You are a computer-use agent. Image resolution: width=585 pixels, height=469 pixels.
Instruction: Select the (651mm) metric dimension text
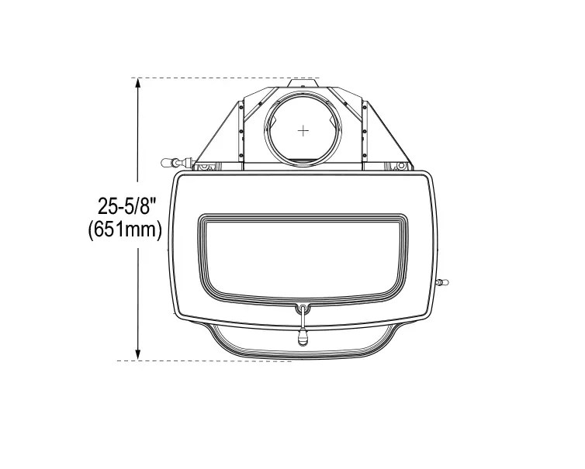[125, 229]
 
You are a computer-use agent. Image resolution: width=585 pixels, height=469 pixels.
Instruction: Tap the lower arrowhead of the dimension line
[138, 355]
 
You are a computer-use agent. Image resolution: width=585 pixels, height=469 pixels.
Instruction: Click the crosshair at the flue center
[303, 130]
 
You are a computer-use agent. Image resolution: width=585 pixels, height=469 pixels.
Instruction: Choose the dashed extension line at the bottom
[205, 360]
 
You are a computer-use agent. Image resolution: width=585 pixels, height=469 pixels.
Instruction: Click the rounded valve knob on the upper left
[166, 163]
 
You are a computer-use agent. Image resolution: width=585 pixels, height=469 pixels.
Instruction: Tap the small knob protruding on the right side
[442, 282]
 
